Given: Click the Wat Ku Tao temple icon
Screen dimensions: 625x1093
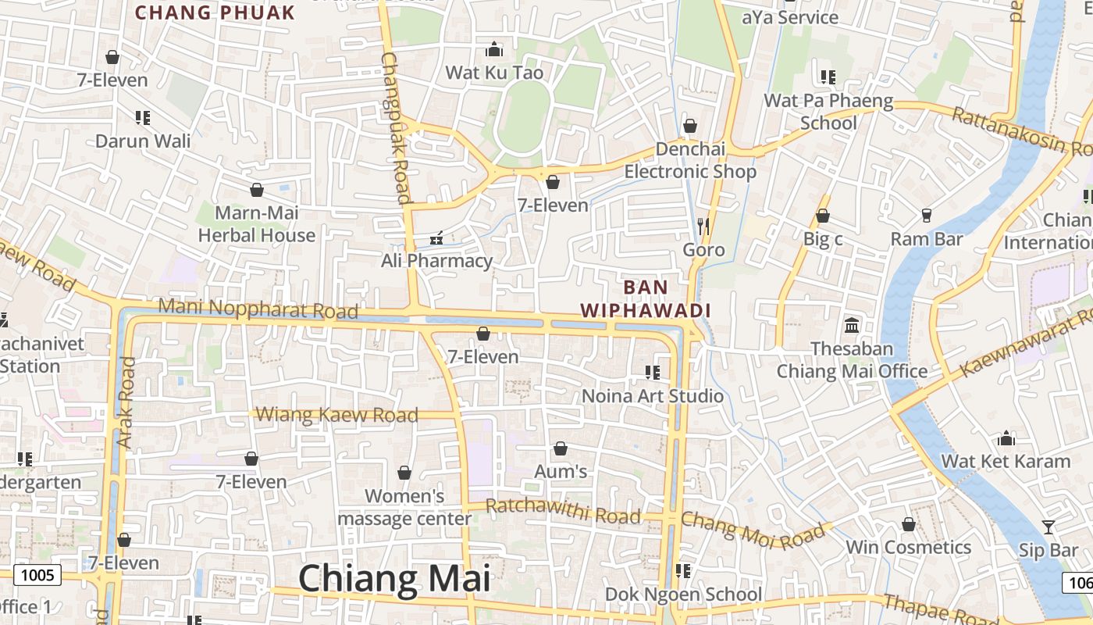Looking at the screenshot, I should [493, 50].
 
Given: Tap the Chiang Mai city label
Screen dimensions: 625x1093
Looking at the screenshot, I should [394, 579].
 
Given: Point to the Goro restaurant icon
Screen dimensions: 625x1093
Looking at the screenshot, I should [703, 227].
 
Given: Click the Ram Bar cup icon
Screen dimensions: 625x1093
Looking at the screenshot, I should [927, 215].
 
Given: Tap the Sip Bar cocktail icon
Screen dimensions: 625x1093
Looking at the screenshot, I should [1048, 527].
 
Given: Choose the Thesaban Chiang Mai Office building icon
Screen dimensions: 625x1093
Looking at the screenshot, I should [852, 325].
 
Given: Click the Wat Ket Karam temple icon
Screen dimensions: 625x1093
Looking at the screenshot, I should [1006, 438].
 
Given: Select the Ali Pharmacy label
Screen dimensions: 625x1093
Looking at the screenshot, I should [436, 261].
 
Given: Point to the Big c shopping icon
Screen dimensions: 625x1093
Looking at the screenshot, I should [822, 216].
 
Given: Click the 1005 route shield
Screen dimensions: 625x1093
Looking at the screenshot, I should [37, 576].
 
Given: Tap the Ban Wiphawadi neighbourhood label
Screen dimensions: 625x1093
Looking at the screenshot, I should [646, 298].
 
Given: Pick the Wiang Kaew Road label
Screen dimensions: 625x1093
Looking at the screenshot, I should [337, 415].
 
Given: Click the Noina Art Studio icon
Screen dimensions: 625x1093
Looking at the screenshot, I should [653, 373].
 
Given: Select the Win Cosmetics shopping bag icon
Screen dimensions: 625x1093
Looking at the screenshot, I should [908, 524].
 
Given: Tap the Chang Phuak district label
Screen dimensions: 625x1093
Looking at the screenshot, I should [215, 12].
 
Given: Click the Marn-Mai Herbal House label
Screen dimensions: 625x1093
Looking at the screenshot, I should [256, 224].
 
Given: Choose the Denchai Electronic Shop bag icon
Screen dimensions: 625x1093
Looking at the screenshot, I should [689, 126].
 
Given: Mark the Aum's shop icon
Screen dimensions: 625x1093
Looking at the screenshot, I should [560, 448].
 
